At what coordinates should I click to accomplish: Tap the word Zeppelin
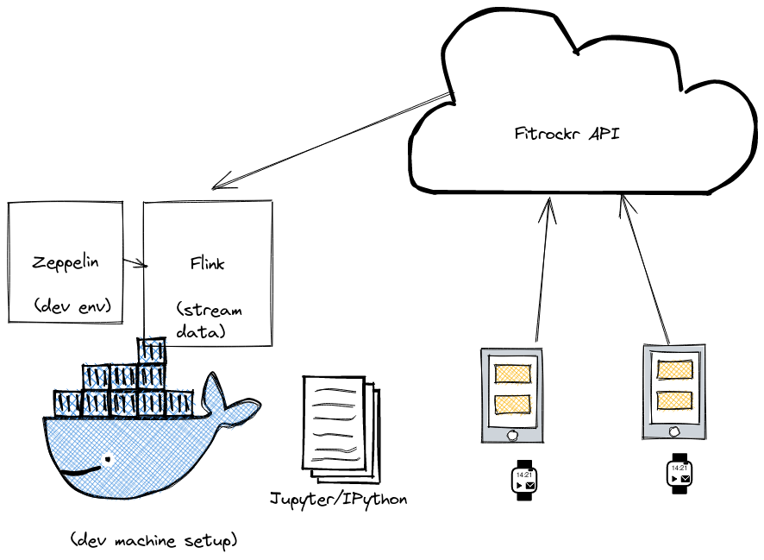tap(65, 261)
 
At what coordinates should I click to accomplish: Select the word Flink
tap(207, 263)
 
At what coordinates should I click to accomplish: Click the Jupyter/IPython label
tap(338, 499)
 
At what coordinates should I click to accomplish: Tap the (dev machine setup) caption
tap(153, 541)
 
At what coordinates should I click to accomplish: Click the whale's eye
tap(108, 458)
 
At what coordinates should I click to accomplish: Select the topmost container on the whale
tap(152, 349)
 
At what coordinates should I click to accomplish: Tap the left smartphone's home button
tap(513, 435)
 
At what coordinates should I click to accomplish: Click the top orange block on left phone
tap(513, 374)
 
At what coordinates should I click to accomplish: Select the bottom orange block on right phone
tap(675, 400)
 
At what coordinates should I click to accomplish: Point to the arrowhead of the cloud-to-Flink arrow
tap(217, 183)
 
